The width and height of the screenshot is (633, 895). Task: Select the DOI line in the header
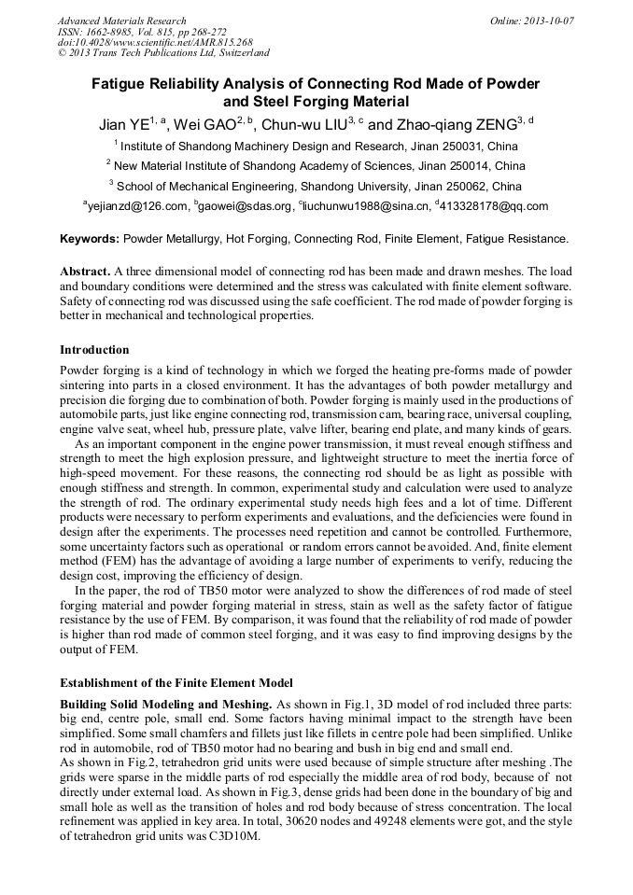(x=155, y=42)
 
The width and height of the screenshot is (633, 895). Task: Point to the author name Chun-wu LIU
(x=304, y=123)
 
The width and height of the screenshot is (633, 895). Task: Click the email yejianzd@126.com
(x=136, y=206)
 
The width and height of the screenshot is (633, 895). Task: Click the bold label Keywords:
(x=90, y=239)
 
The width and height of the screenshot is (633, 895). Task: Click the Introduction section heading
(x=94, y=350)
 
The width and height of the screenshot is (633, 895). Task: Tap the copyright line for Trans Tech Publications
(x=164, y=53)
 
